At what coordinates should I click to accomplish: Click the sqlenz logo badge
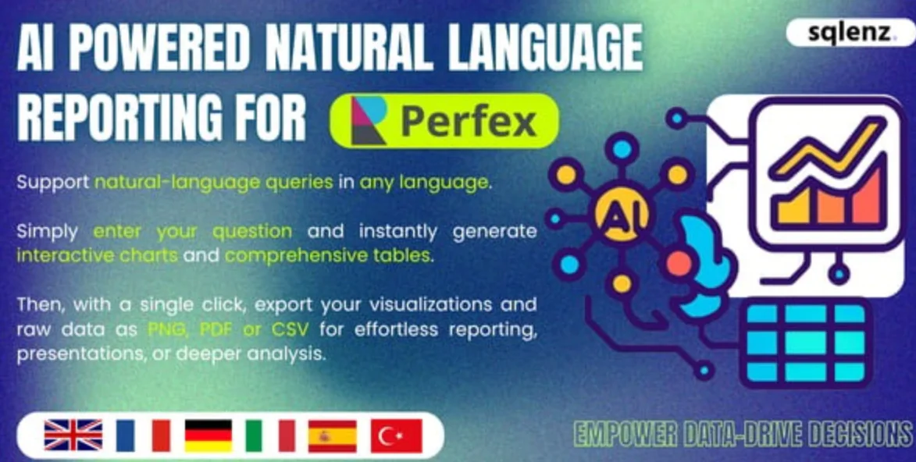(850, 33)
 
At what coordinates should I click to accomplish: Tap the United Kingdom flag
(73, 435)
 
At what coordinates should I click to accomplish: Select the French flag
(143, 435)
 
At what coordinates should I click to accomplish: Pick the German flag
(209, 435)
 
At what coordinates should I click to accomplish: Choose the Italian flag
(270, 435)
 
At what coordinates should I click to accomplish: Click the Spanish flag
(333, 435)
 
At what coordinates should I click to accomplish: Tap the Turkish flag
(396, 435)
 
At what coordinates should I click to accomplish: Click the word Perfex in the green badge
(469, 122)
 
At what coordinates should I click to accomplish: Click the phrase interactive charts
(97, 256)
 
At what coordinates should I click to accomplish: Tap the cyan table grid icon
(806, 343)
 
